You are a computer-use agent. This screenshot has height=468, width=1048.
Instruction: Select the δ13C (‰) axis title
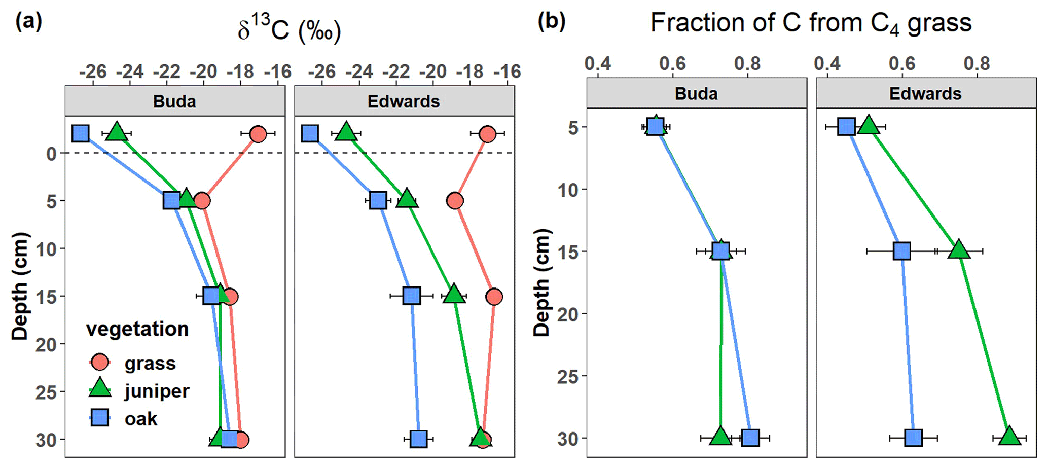[289, 30]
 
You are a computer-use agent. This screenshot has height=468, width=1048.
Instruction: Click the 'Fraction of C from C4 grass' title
[811, 23]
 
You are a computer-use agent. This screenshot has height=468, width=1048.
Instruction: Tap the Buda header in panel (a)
[174, 101]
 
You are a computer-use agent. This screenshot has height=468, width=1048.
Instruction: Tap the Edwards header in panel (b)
[925, 94]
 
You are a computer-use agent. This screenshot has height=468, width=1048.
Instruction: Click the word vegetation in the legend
[137, 329]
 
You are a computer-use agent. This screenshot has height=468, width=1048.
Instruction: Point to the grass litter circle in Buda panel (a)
[258, 134]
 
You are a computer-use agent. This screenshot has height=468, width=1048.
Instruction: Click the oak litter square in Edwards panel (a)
[310, 134]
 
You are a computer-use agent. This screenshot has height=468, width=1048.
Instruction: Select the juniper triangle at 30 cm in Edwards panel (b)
[1009, 437]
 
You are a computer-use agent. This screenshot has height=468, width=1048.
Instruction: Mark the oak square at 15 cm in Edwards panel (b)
[901, 251]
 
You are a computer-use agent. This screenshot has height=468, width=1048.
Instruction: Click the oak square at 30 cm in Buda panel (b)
[750, 438]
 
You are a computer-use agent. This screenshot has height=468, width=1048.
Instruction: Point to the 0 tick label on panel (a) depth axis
[52, 154]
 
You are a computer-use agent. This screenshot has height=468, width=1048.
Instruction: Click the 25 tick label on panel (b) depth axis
[568, 376]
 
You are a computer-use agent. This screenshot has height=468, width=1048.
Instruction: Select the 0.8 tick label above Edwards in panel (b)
[977, 64]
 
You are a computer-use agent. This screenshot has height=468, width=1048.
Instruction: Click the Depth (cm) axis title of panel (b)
[541, 282]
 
